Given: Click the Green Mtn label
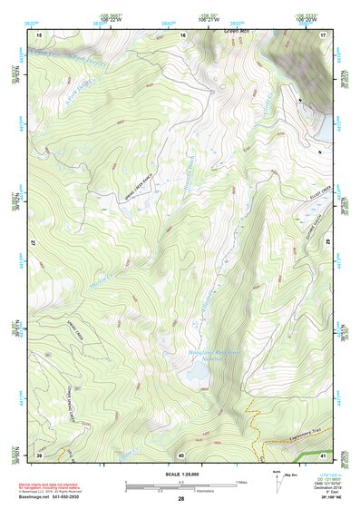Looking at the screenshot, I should (235, 31).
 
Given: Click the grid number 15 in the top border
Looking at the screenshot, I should (39, 34).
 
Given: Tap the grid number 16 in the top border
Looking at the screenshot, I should (182, 34).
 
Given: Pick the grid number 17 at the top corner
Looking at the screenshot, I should (323, 34).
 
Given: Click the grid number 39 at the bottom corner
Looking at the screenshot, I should (39, 454).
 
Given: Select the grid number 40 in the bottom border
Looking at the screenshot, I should (181, 454).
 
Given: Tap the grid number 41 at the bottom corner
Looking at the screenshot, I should (323, 454).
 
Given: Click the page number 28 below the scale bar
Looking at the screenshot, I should (181, 498).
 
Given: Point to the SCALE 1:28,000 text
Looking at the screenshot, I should (181, 474).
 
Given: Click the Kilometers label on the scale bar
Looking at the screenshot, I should (181, 491).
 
